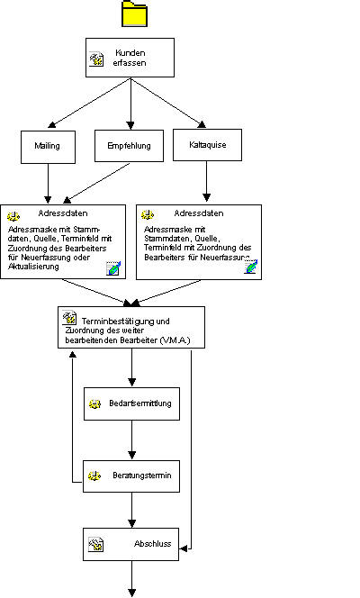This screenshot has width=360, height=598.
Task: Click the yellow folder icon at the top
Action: (134, 14)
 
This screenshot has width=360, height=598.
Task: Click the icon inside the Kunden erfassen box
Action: (96, 59)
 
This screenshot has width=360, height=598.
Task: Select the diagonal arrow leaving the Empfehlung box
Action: (98, 183)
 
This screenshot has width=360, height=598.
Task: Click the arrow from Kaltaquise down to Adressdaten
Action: (206, 181)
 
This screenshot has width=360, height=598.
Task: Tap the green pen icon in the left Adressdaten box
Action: (113, 268)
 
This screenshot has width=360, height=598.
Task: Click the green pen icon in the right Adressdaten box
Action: (251, 267)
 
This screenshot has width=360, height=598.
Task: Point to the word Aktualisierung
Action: (33, 267)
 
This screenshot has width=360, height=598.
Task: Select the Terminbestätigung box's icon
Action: (69, 317)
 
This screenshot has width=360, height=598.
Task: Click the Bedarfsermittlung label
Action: (140, 403)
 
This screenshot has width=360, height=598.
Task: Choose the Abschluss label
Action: (152, 543)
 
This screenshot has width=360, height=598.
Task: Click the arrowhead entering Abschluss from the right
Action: (184, 548)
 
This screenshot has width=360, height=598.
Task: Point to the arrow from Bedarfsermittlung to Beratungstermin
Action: (131, 439)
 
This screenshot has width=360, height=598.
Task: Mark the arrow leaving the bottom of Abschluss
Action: (131, 579)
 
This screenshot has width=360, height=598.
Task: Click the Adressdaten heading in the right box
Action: (199, 213)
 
